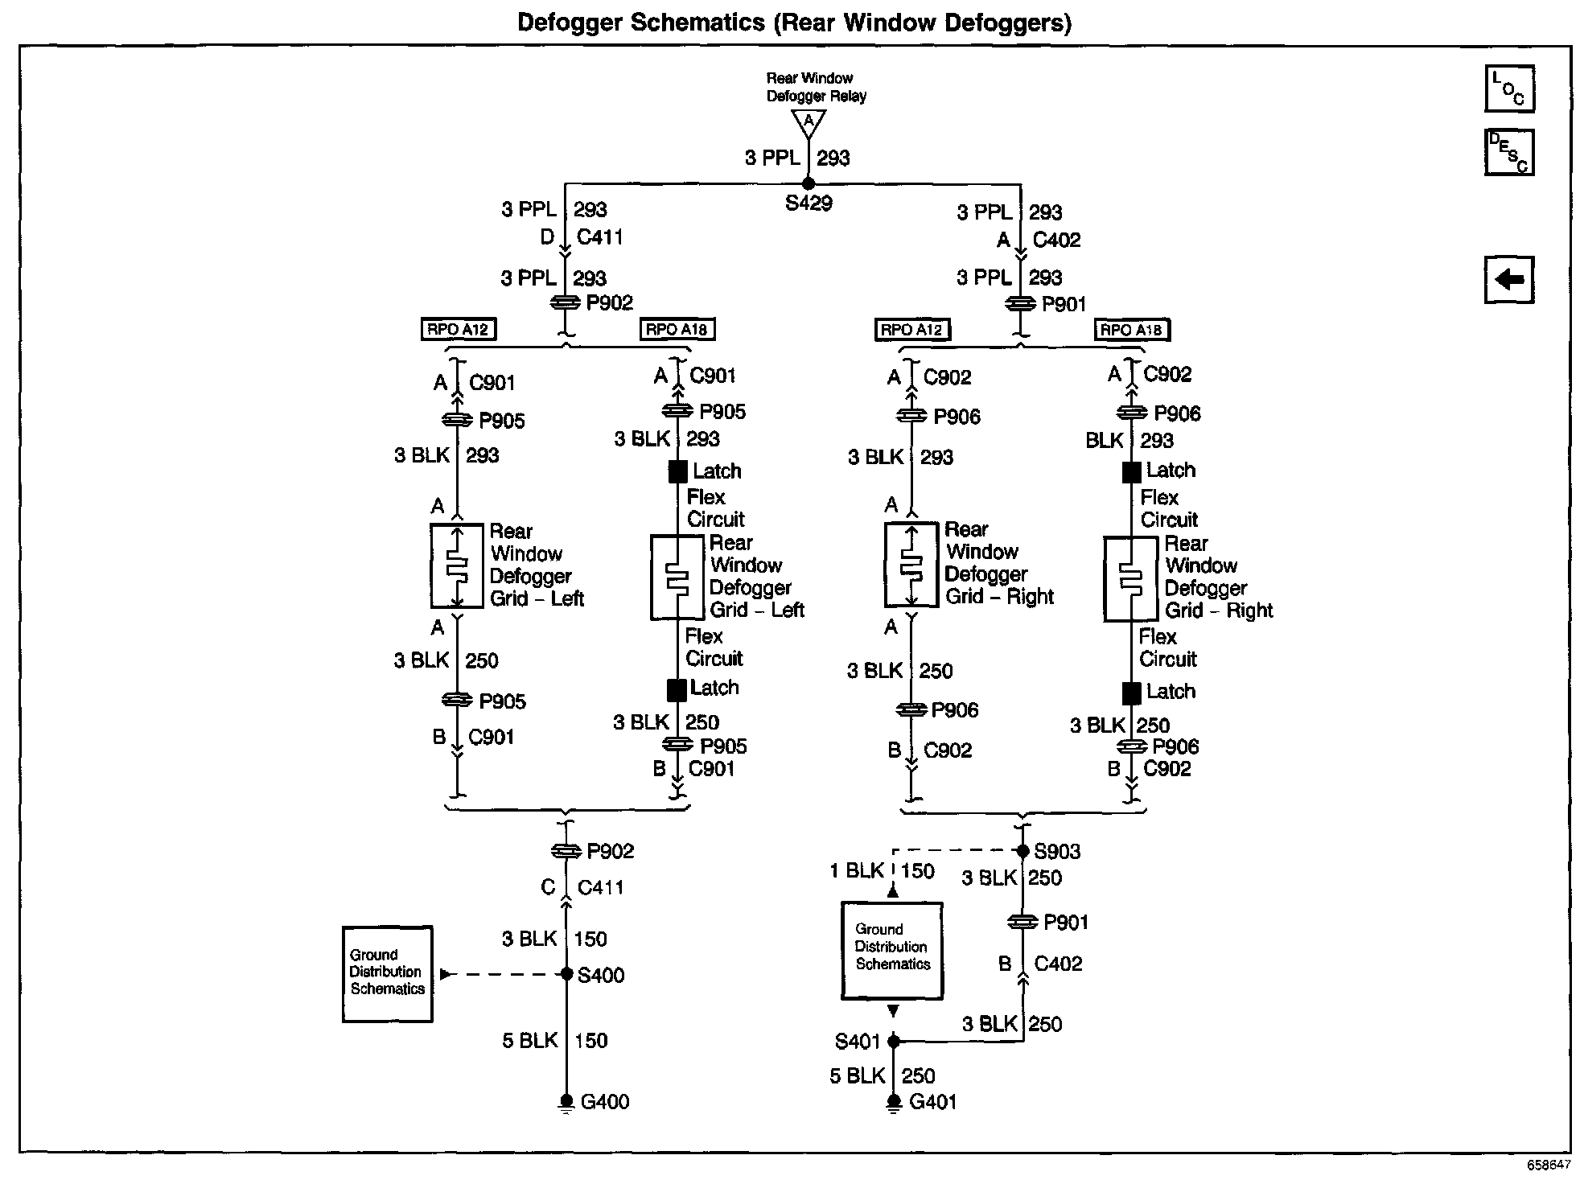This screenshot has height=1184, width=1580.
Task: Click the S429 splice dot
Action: (809, 183)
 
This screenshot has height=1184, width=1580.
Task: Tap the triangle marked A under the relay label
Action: (809, 123)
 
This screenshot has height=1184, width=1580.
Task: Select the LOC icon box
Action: (1509, 88)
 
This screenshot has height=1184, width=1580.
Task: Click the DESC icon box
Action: (1509, 152)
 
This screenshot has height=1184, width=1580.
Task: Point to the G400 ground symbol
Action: (566, 1102)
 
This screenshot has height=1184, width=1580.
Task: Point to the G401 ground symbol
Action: (893, 1103)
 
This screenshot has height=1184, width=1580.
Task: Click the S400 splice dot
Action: (566, 974)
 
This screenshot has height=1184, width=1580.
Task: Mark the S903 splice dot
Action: (1022, 850)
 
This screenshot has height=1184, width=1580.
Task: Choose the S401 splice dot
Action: (893, 1041)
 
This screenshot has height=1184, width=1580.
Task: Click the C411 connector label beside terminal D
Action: (600, 237)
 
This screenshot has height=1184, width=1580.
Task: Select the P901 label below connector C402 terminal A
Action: (1064, 304)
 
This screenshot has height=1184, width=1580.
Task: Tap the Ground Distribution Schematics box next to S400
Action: (387, 973)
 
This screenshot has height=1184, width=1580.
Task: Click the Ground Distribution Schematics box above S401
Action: (892, 950)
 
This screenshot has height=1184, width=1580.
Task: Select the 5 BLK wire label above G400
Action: (530, 1041)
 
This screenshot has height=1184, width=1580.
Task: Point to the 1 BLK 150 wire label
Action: (882, 871)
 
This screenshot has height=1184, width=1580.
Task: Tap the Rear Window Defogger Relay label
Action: (816, 87)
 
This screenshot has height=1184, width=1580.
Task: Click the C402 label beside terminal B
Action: (1058, 964)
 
